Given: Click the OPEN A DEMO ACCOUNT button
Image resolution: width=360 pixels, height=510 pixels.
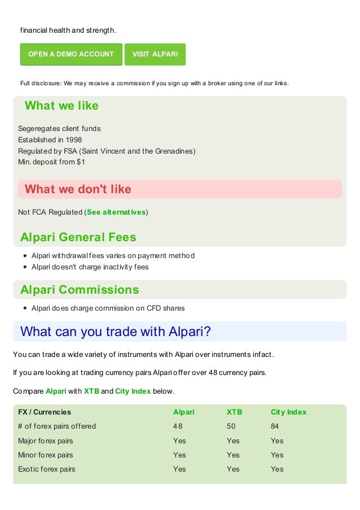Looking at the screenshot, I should click(x=71, y=54).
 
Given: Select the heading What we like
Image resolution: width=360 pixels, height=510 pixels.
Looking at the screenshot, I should click(x=62, y=106).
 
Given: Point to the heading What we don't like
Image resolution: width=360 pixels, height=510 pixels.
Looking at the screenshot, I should click(x=78, y=189).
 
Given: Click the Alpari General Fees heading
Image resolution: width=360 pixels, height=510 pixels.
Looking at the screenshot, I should click(x=78, y=237).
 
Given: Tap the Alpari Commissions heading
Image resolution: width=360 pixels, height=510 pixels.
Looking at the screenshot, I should click(x=80, y=290).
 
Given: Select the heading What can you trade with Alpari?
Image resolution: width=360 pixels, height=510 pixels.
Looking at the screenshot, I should click(x=116, y=332).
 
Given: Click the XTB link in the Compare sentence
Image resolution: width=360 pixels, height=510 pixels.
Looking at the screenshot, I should click(x=91, y=391).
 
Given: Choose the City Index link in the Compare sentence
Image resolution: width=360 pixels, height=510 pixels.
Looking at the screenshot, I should click(x=133, y=391).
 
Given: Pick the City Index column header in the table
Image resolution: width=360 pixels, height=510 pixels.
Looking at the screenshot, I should click(x=288, y=412).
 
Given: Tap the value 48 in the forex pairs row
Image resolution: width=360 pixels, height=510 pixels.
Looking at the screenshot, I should click(x=178, y=426).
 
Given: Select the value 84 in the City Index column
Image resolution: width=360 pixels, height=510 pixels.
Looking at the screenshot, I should click(x=275, y=426).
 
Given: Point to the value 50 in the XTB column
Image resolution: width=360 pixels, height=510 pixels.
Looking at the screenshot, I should click(x=231, y=426).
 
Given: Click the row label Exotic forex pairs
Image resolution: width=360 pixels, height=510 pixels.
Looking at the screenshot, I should click(x=46, y=469).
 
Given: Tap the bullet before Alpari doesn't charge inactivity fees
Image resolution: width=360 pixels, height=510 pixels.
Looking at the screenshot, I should click(x=25, y=267).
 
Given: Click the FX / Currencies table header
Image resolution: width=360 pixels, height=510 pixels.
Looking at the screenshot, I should click(x=45, y=412).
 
